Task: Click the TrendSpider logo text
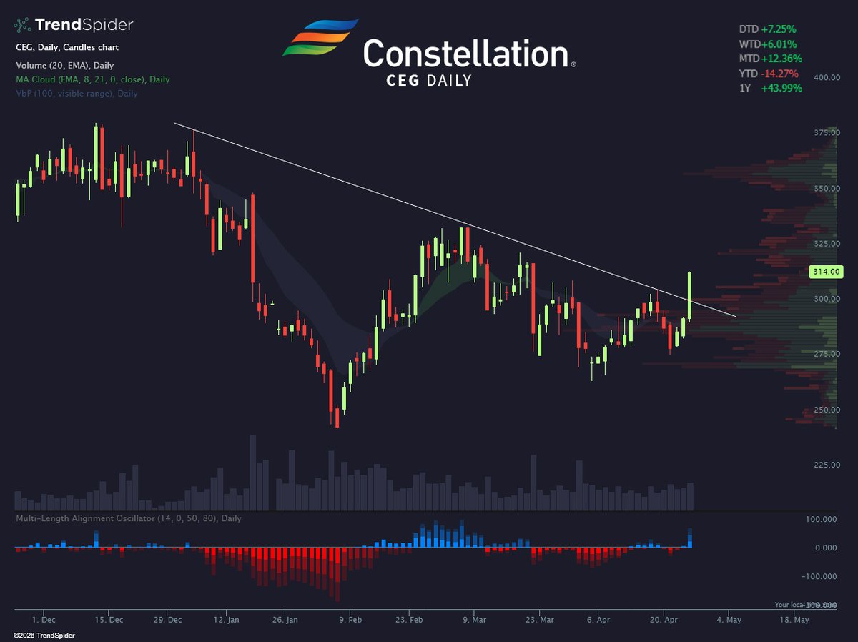point(84,26)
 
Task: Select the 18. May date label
point(795,620)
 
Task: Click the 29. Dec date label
point(169,620)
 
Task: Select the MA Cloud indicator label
point(93,79)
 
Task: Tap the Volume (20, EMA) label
point(64,66)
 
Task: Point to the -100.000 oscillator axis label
point(822,576)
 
